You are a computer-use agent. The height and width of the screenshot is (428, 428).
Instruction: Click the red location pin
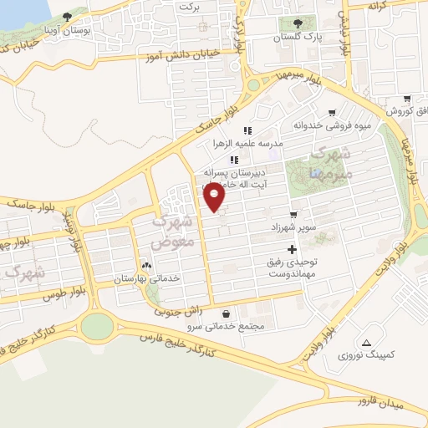(x=214, y=197)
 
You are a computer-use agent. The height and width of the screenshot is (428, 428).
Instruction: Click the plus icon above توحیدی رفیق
(x=292, y=249)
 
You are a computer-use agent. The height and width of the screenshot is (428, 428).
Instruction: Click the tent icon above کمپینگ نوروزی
(x=366, y=343)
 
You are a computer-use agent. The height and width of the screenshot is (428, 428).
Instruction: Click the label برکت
(x=190, y=6)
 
